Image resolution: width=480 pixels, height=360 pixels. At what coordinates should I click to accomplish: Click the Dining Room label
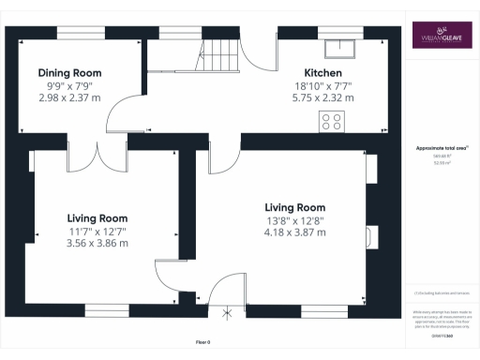[x=69, y=72]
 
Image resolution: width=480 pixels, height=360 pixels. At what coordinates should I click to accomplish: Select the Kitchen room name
[x=322, y=72]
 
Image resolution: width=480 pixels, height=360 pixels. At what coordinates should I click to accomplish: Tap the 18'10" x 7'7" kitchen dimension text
[x=322, y=84]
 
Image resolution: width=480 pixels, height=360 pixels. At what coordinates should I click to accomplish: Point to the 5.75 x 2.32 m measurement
[x=322, y=96]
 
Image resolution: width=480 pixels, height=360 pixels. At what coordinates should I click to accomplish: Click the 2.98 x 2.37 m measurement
[x=69, y=96]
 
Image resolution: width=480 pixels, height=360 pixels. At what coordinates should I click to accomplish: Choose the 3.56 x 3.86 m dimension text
[x=97, y=243]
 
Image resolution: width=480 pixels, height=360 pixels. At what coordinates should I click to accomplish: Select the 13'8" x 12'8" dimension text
[x=294, y=220]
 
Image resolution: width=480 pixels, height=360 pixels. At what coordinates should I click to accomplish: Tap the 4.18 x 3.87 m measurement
[x=294, y=232]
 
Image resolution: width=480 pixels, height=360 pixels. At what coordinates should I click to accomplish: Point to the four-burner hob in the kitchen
[x=332, y=120]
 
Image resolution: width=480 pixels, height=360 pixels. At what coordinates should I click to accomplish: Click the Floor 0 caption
[x=202, y=341]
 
